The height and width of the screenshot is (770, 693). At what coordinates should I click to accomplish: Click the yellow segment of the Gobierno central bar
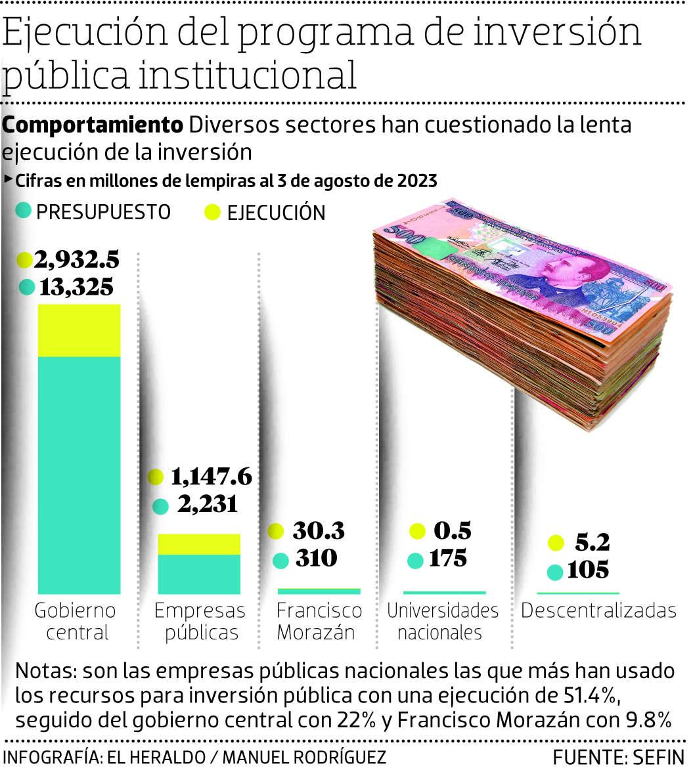79,330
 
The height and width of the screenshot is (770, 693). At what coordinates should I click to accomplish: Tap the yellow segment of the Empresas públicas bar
199,544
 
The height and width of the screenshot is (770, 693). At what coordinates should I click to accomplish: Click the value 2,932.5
77,260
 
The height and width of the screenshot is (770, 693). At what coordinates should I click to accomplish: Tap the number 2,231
204,505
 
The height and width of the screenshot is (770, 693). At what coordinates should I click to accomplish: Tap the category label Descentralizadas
598,610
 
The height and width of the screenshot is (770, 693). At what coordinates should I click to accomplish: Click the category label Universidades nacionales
442,621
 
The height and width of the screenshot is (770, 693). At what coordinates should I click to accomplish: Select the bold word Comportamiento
93,125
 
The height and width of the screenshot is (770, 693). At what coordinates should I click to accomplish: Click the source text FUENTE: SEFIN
618,756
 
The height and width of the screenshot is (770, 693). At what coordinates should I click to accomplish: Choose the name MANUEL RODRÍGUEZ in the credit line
305,756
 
